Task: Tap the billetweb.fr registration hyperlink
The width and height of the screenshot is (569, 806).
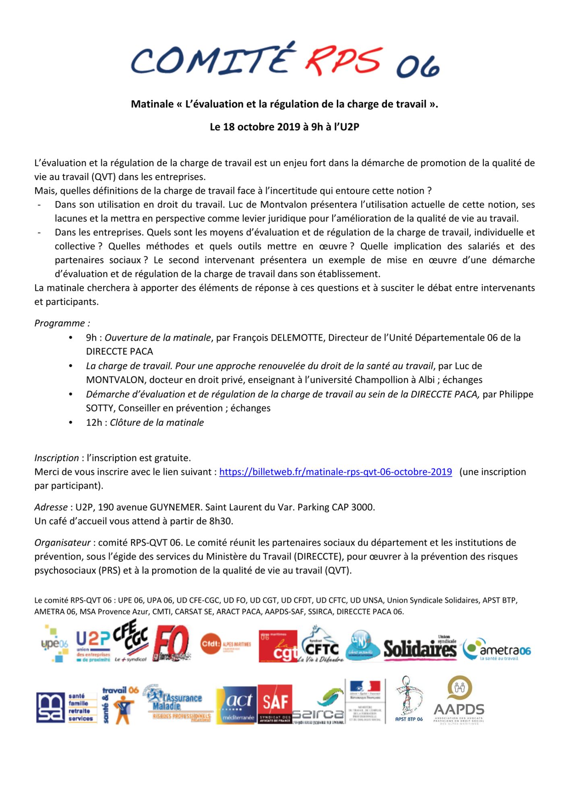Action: coord(335,472)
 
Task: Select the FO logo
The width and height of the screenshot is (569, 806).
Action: coord(171,644)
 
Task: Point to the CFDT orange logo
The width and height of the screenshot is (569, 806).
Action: coord(226,644)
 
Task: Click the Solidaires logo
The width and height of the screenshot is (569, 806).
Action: coord(420,648)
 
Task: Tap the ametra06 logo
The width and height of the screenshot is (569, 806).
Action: coord(497,649)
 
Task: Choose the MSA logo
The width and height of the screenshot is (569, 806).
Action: coord(66,708)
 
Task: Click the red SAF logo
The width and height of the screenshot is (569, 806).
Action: coord(275,704)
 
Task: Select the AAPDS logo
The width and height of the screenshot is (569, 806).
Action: coord(459,701)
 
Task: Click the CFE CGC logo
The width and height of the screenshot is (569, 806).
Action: coord(130,641)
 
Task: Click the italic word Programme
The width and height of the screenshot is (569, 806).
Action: coord(60,323)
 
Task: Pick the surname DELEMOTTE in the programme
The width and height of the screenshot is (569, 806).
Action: coord(297,338)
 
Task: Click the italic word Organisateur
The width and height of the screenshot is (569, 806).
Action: coord(62,543)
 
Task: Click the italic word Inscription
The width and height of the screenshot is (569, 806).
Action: coord(56,458)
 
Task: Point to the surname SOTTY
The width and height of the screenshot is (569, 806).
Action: coord(100,408)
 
